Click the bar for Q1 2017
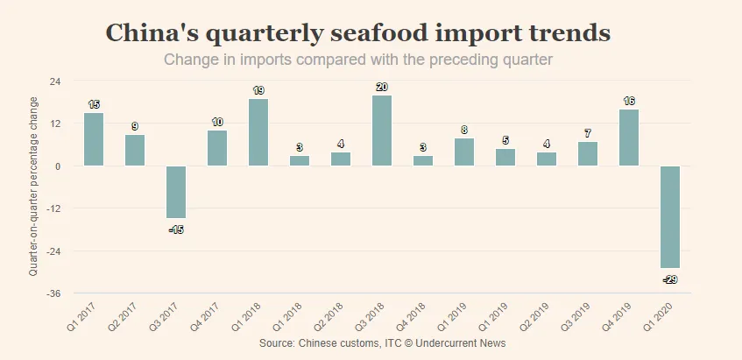[x=94, y=139]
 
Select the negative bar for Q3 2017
[x=176, y=192]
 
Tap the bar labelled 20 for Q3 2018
[x=382, y=131]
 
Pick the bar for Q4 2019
[x=629, y=138]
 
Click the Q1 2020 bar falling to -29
[x=670, y=216]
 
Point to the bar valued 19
[x=258, y=132]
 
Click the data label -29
[x=669, y=279]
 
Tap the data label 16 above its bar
[x=629, y=101]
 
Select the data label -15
[x=175, y=229]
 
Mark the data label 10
[x=217, y=122]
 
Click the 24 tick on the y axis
[x=55, y=81]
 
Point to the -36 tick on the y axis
[x=53, y=293]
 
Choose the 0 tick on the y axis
[x=58, y=166]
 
